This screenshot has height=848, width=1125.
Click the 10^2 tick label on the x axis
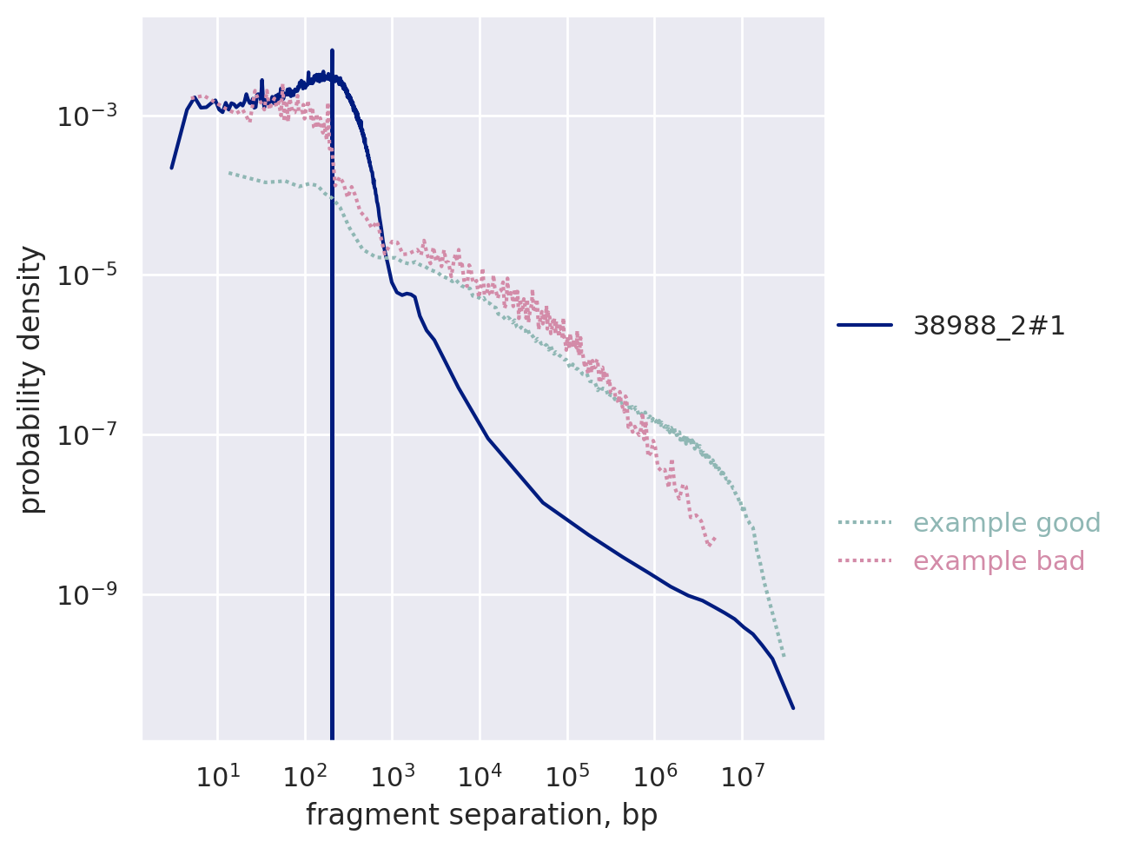304,775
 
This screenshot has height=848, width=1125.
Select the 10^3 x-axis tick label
392,775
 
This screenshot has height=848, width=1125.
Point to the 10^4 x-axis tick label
480,775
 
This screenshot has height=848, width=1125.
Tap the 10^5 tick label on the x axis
567,775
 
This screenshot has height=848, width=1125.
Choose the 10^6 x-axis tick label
655,775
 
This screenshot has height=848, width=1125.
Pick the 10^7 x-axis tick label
743,775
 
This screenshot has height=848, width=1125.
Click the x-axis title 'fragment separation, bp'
481,815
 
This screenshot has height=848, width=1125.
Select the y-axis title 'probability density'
32,380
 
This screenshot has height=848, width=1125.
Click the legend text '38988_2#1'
989,326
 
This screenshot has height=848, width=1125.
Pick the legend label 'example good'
995,523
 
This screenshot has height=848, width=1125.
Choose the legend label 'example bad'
999,561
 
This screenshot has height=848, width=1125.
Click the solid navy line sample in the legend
865,326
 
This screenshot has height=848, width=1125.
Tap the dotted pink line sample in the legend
865,561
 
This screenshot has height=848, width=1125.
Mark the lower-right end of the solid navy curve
793,708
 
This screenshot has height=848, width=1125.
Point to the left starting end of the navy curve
171,168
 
